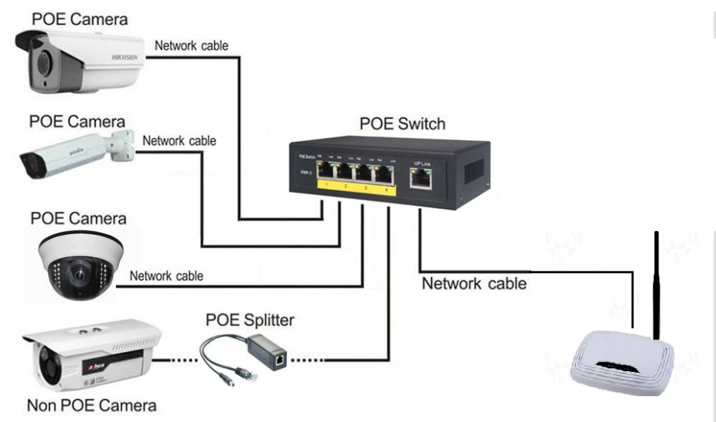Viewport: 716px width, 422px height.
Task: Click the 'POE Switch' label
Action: coord(402,123)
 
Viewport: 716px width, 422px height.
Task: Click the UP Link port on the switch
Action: coord(420,178)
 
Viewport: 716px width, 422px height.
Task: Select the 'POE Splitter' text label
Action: coord(249,320)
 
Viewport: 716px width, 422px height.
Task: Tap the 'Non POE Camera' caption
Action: coord(92,406)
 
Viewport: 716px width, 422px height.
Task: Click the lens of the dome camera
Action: coord(78,274)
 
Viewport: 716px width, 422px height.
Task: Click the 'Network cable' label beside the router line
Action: coord(474,283)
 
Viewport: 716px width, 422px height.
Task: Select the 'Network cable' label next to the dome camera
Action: coord(166,277)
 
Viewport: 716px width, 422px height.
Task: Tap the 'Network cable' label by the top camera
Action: coord(191,46)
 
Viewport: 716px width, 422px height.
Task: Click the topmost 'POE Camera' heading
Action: coord(80,18)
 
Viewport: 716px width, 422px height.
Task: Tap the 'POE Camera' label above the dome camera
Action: coord(78,218)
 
